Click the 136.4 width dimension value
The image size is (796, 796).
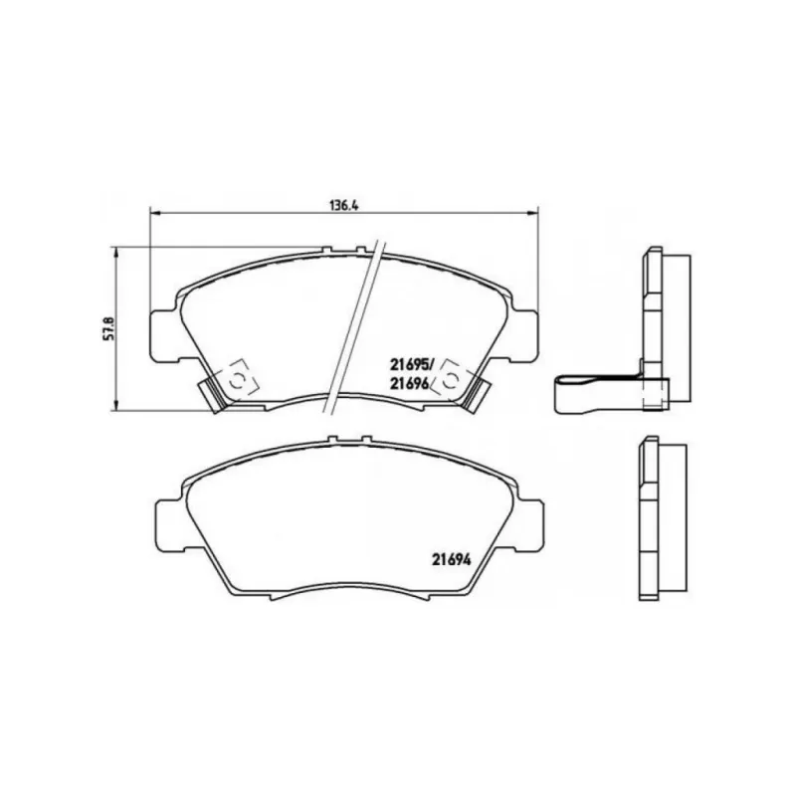pos(344,206)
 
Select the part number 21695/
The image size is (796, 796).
pos(412,364)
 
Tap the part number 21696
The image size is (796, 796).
pos(410,383)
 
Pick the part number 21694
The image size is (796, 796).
pos(452,559)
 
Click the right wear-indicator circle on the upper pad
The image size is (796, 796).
pos(450,380)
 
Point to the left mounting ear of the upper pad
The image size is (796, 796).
pos(163,336)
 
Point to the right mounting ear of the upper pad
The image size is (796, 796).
pos(524,336)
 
